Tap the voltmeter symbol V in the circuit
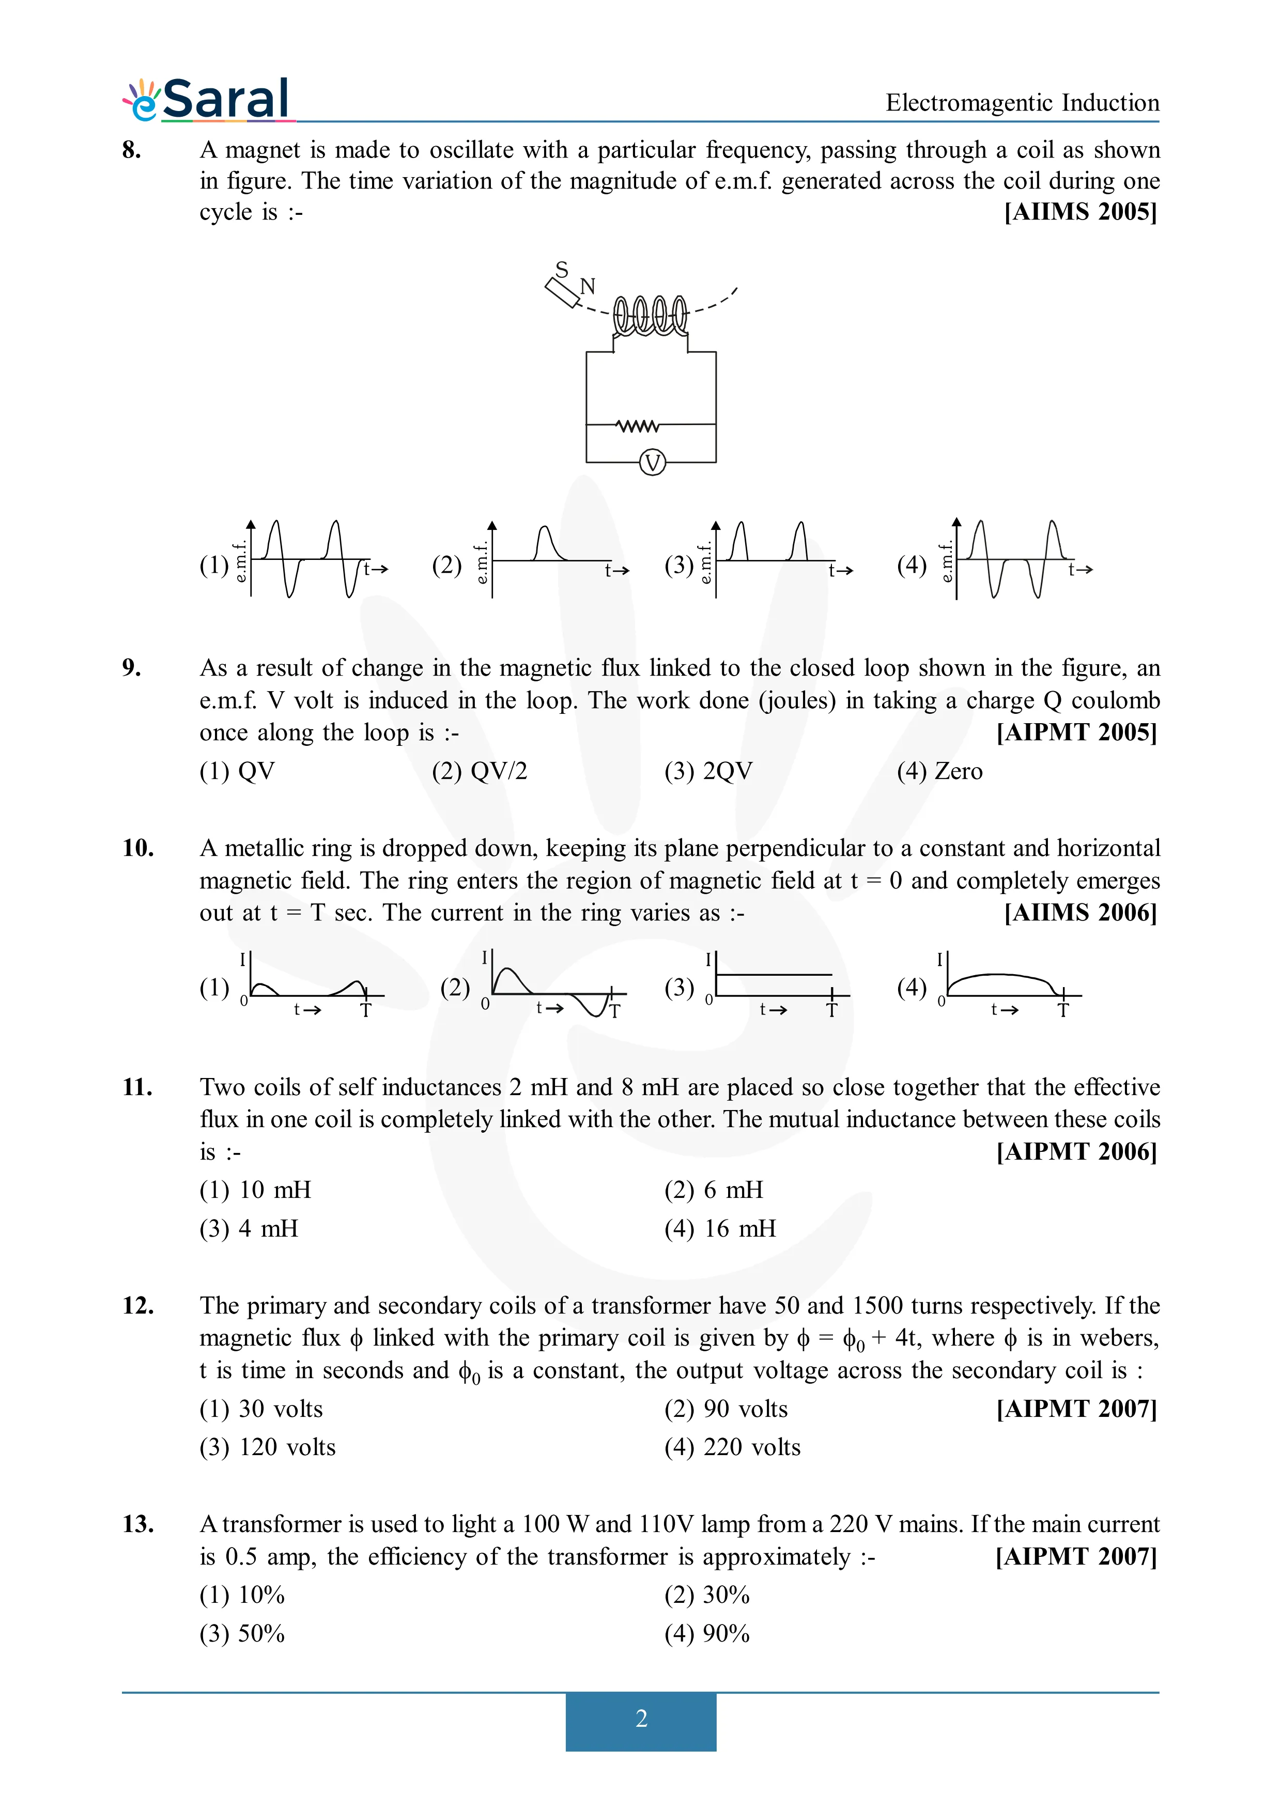click(x=652, y=462)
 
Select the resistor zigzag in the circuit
click(x=638, y=426)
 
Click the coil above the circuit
click(x=651, y=315)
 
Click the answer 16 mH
click(x=720, y=1229)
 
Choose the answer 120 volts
click(x=268, y=1447)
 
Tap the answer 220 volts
click(x=732, y=1447)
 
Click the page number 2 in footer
click(x=641, y=1718)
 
